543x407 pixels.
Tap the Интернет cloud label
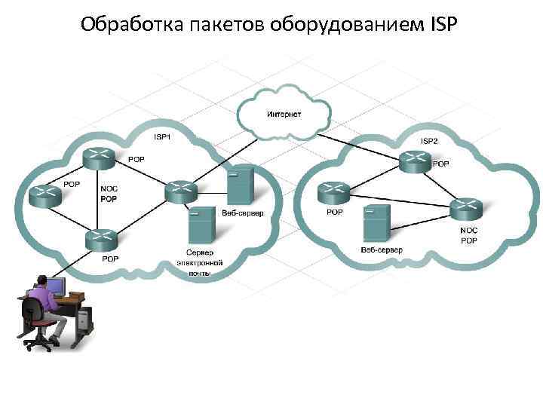284,114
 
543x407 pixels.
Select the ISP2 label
428,141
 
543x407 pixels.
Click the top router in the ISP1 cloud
99,158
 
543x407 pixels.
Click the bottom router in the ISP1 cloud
101,239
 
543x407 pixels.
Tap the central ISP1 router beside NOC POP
179,191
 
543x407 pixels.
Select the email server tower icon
199,223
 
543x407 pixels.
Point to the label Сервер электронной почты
199,262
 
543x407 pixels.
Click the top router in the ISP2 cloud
416,161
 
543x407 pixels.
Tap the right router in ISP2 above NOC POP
465,207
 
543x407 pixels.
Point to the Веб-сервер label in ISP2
381,249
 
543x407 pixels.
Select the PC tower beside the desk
84,320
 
